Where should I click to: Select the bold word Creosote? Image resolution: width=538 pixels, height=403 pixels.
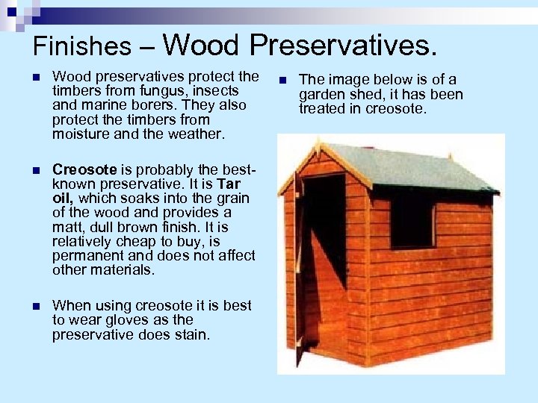(82, 169)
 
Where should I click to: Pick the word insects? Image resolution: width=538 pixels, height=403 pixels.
(219, 91)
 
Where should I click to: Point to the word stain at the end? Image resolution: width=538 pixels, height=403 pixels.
(194, 334)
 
